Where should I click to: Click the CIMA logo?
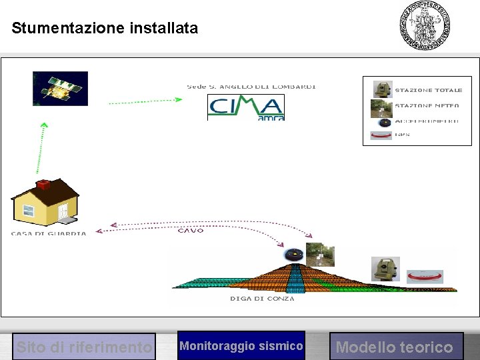point(246,108)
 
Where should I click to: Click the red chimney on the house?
point(44,184)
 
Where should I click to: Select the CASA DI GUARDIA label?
point(49,233)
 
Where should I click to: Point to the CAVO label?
point(191,231)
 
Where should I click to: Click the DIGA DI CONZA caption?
point(262,299)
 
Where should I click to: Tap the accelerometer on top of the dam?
point(294,255)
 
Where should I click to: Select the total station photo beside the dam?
point(385,269)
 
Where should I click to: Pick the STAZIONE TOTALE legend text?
point(428,90)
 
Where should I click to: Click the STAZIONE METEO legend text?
point(427,105)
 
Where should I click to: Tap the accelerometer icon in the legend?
point(383,122)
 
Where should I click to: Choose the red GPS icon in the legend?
point(381,135)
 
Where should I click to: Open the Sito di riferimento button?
point(84,347)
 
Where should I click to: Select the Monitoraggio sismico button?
point(241,346)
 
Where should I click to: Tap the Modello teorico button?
point(395,347)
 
